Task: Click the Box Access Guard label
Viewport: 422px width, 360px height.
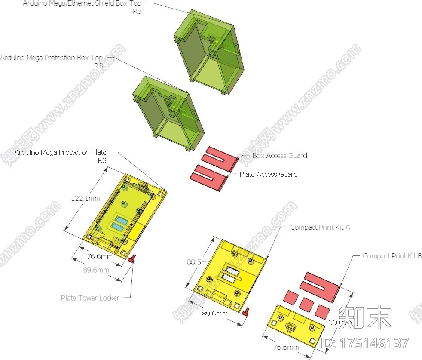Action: [x=279, y=155]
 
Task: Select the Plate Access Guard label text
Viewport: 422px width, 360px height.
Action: [x=268, y=174]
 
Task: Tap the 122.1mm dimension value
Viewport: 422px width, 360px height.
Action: [x=86, y=198]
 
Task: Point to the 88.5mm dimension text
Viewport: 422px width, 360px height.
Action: [x=199, y=262]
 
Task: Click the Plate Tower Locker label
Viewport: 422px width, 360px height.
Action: [x=89, y=298]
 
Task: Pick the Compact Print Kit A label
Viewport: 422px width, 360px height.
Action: [x=320, y=227]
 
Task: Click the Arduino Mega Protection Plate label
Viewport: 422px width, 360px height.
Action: [x=60, y=152]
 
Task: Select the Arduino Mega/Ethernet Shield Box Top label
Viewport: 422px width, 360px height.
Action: [x=82, y=3]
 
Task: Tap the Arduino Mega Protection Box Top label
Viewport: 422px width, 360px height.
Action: [x=52, y=58]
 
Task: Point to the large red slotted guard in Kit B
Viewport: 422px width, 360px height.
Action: [x=321, y=286]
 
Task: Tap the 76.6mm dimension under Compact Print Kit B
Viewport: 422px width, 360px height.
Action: [x=286, y=347]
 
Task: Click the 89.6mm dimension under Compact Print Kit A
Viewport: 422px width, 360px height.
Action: [x=215, y=314]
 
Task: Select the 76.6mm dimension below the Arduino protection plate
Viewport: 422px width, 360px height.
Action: [x=100, y=257]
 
